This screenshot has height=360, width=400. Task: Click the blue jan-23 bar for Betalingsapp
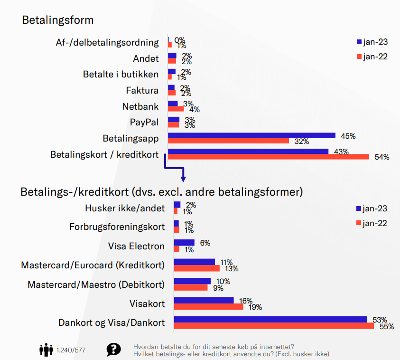pos(251,136)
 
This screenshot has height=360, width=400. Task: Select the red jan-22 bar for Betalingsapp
pos(228,141)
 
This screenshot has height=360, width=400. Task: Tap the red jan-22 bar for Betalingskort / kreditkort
pos(269,157)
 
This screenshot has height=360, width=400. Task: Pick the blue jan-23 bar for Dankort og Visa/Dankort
pos(270,319)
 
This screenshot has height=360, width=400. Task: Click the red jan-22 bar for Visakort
pos(208,306)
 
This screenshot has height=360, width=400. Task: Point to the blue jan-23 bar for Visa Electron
pos(184,243)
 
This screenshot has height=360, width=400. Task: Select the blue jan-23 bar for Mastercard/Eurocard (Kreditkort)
pos(195,262)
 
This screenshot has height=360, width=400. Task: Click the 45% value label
pos(348,136)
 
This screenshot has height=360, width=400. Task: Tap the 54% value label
pos(381,157)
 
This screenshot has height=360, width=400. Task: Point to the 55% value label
pos(387,327)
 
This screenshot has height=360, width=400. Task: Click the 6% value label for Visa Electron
pos(205,243)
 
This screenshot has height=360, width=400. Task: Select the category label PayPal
pos(144,122)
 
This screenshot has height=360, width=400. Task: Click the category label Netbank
pos(140,106)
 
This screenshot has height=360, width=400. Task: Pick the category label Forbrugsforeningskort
pos(117,227)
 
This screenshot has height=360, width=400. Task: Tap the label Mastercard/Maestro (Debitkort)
pos(96,284)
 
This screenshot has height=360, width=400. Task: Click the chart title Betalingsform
pos(57,20)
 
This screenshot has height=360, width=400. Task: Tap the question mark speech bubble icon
pos(113,350)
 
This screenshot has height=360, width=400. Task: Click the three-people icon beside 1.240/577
pos(46,350)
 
